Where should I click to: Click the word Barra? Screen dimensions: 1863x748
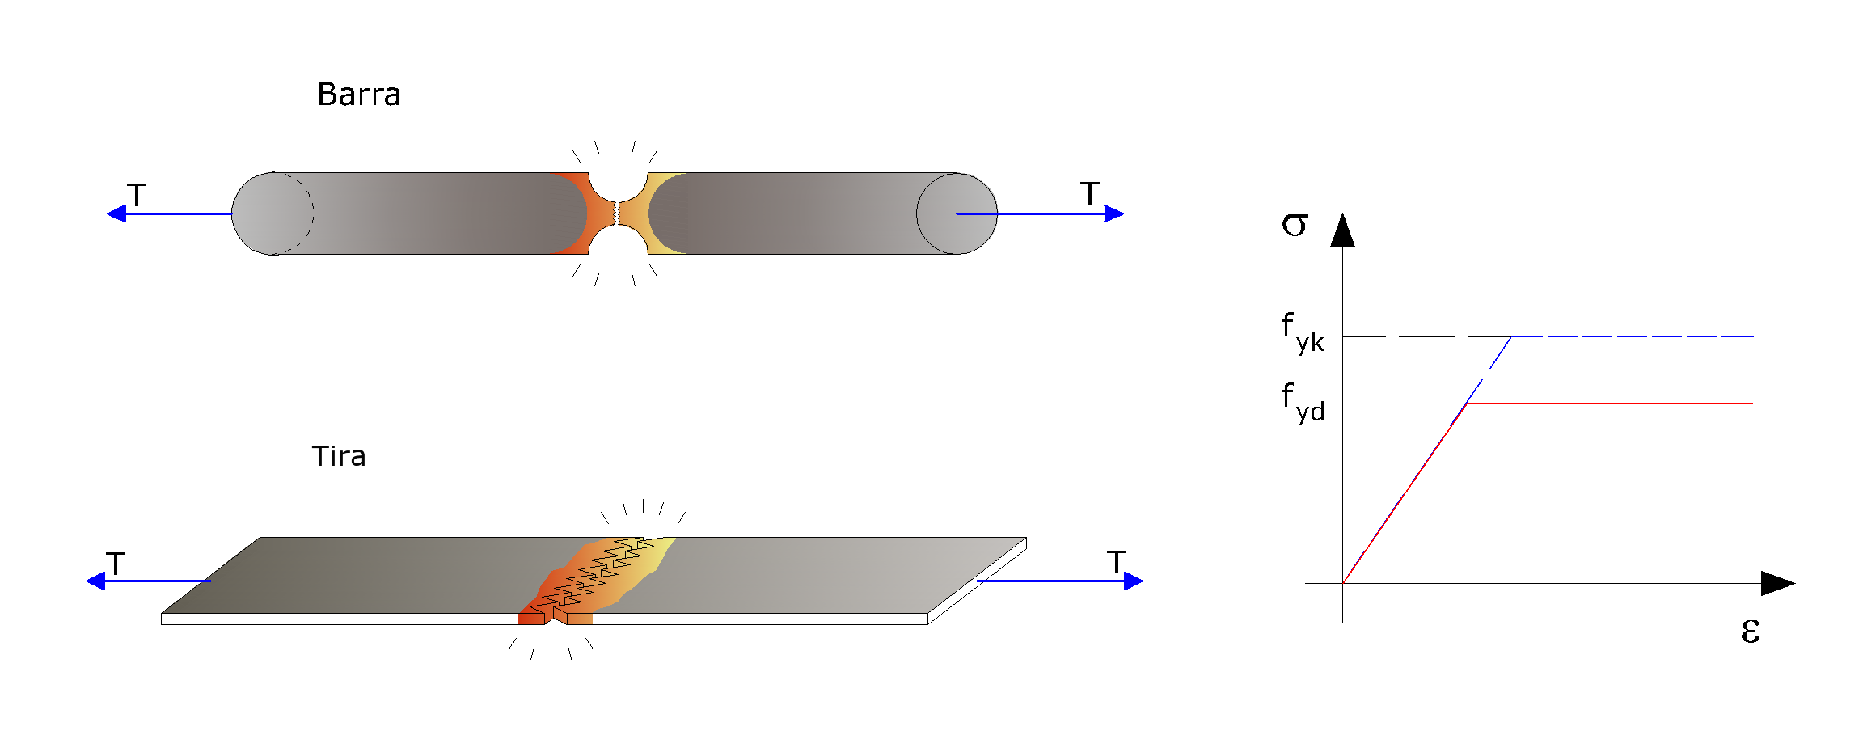[x=359, y=95]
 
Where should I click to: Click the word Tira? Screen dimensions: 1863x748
[x=339, y=456]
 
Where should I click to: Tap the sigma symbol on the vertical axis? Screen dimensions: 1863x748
[x=1294, y=225]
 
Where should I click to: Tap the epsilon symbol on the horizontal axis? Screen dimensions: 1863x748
[x=1751, y=631]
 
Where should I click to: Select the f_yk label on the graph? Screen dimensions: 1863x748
[x=1303, y=332]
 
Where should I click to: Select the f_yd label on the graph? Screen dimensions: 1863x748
[x=1303, y=402]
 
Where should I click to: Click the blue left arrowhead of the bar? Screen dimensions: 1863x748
[x=116, y=213]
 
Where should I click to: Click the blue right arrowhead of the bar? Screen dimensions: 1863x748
[x=1114, y=213]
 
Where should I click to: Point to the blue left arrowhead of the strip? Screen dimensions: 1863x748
[x=95, y=581]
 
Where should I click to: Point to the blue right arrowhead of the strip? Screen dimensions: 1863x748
[x=1134, y=581]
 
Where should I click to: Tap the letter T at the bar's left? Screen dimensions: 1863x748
[x=137, y=195]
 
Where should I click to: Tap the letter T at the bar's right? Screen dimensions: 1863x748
[x=1090, y=193]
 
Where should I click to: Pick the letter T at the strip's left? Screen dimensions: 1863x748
[x=116, y=563]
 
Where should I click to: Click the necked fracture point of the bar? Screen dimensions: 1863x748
[x=617, y=213]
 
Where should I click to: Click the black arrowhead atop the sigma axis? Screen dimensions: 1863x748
[x=1342, y=230]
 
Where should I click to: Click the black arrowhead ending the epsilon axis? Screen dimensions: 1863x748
[x=1778, y=583]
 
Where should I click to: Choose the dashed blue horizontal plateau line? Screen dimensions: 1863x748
[x=1633, y=336]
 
